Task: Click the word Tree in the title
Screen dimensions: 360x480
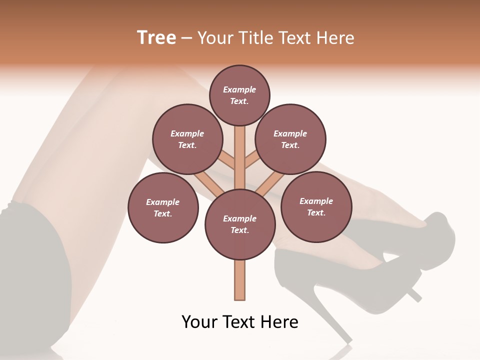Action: click(x=156, y=38)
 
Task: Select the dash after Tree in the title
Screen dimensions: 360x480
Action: click(x=187, y=38)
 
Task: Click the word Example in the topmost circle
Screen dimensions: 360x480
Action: click(x=239, y=90)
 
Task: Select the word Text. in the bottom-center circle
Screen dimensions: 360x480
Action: click(x=239, y=230)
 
